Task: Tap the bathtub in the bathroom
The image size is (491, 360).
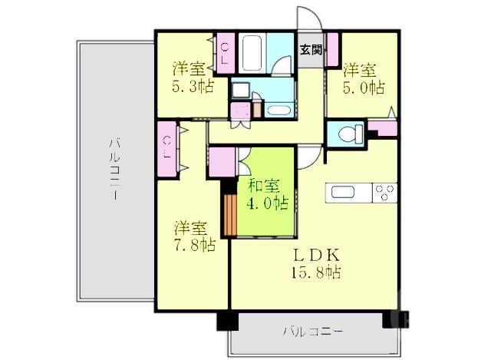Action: click(252, 52)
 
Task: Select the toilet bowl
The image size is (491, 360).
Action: click(349, 134)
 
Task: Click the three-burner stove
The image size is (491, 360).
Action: click(384, 192)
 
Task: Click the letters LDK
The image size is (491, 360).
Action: click(315, 254)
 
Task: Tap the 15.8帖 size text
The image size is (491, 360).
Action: click(316, 272)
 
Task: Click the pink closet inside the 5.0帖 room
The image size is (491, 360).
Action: click(333, 51)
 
